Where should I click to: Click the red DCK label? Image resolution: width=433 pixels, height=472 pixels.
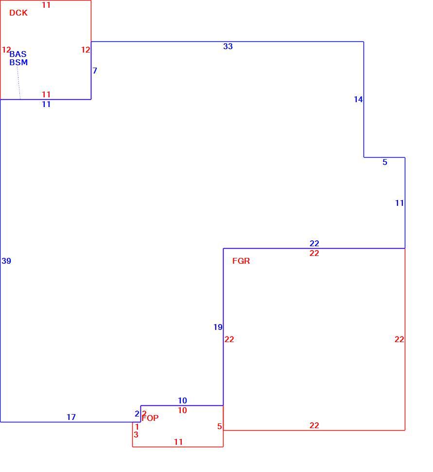[18, 13]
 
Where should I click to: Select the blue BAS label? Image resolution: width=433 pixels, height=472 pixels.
[18, 54]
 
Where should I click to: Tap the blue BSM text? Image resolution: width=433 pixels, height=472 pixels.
[18, 62]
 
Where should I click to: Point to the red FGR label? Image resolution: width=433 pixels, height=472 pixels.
[241, 261]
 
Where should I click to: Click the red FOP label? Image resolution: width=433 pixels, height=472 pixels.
[150, 418]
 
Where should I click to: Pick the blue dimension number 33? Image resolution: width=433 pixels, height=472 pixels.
[228, 46]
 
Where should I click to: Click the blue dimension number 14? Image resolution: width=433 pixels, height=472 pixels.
[358, 99]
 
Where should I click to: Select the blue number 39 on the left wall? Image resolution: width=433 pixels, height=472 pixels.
[6, 261]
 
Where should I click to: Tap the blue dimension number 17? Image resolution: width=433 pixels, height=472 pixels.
[71, 417]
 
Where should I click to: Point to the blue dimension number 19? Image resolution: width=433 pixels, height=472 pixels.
[218, 327]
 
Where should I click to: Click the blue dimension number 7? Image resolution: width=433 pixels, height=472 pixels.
[95, 71]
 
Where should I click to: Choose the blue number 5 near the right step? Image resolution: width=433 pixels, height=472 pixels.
[385, 162]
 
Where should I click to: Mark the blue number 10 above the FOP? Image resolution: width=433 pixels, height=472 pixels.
[182, 400]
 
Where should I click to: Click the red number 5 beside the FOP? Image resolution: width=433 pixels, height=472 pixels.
[220, 426]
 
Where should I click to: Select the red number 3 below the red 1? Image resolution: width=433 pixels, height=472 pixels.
[136, 435]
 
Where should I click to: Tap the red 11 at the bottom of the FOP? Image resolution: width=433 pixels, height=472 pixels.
[178, 442]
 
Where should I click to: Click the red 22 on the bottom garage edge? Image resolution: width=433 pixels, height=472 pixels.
[314, 425]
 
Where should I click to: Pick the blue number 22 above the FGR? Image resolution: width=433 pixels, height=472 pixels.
[314, 243]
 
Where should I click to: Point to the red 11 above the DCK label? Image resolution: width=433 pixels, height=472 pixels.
[46, 5]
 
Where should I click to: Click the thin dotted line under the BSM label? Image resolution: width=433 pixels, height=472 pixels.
[18, 83]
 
